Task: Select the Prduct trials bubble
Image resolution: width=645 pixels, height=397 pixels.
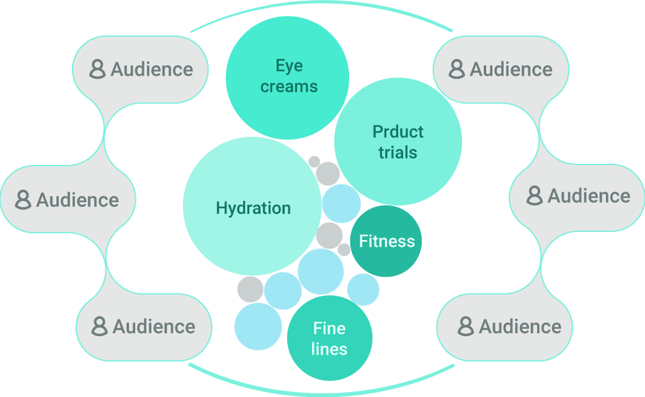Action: (x=398, y=142)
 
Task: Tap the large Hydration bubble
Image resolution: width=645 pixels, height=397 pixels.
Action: (x=252, y=207)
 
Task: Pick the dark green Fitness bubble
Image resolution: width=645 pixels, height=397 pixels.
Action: (x=386, y=241)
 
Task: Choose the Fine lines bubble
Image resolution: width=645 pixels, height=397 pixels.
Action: (x=329, y=338)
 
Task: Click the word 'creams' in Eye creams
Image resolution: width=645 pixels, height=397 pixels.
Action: (x=289, y=87)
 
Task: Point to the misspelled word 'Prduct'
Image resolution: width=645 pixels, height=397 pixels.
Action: (x=398, y=132)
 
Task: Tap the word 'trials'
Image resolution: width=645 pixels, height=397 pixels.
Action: (x=398, y=153)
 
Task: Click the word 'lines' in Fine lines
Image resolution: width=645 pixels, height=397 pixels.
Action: (x=329, y=349)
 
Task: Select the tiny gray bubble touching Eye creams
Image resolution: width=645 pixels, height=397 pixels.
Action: (x=314, y=161)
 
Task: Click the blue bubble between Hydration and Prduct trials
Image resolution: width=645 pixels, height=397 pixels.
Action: (x=341, y=203)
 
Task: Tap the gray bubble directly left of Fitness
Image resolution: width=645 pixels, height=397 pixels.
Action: (x=329, y=236)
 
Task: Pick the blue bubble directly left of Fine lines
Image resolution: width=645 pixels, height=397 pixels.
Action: (x=258, y=326)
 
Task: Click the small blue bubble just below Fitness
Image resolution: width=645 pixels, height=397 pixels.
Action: (x=363, y=290)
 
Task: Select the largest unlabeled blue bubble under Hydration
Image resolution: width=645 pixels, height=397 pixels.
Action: (x=321, y=272)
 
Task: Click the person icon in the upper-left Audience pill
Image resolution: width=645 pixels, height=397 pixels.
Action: (x=97, y=69)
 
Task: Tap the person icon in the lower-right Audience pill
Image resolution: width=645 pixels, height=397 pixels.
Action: (x=466, y=326)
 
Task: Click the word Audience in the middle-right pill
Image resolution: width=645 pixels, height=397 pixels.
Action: (x=589, y=196)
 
